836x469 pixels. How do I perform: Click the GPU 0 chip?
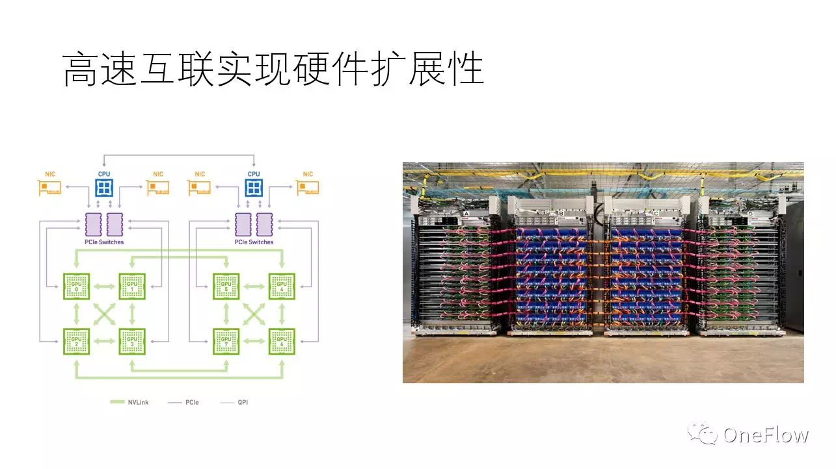[77, 286]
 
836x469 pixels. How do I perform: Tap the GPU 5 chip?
[226, 286]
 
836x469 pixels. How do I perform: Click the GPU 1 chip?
[132, 286]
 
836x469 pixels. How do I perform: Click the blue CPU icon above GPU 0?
[103, 188]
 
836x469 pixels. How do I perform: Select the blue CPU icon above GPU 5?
[254, 188]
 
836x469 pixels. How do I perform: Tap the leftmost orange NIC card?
[49, 188]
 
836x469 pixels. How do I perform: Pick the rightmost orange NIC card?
[308, 188]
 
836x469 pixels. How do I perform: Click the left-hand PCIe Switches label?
[104, 242]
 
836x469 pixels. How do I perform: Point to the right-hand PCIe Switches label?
[254, 242]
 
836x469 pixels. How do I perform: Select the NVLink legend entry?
[130, 403]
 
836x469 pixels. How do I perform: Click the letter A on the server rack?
[466, 213]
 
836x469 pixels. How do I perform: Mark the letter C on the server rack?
[656, 213]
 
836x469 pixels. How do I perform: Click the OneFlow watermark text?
[766, 435]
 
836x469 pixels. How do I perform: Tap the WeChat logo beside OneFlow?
[704, 434]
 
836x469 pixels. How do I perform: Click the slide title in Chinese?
[273, 70]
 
